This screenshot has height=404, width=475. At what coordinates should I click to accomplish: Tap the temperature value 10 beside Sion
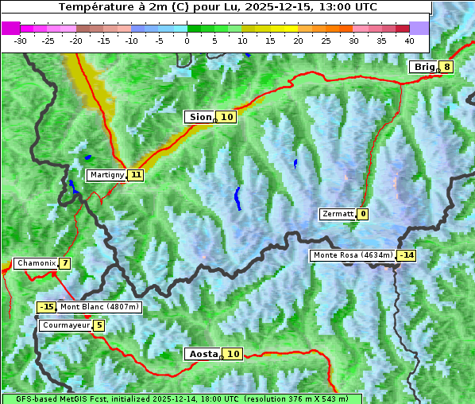tap(227, 117)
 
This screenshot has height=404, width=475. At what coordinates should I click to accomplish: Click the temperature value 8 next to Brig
tap(447, 67)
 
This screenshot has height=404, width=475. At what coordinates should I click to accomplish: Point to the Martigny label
tap(106, 175)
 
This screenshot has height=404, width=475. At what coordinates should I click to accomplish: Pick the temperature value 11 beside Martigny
tap(136, 175)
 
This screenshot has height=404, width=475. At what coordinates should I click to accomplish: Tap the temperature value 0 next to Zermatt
tap(363, 214)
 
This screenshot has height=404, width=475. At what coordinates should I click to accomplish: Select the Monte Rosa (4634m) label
tap(353, 255)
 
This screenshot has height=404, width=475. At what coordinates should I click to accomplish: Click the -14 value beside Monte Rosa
tap(407, 255)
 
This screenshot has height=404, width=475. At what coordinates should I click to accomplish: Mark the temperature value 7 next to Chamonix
tap(64, 263)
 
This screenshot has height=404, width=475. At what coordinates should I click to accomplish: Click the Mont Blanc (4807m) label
tap(99, 307)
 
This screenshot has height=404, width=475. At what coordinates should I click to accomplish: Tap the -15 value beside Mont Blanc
tap(47, 307)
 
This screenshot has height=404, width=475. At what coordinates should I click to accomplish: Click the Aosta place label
tap(202, 354)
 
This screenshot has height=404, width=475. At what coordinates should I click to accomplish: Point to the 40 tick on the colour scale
tap(409, 41)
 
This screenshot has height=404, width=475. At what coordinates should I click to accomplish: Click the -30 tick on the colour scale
tap(21, 41)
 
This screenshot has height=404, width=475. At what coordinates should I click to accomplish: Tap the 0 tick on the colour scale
tap(187, 41)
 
